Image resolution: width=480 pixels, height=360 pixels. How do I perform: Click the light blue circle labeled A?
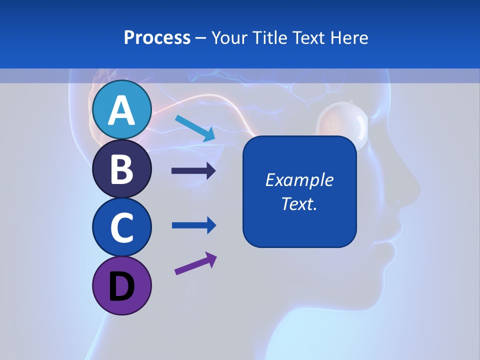pyautogui.click(x=121, y=109)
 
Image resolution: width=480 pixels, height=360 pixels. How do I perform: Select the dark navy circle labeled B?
pyautogui.click(x=121, y=168)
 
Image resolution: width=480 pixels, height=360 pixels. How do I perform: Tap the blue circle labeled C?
pyautogui.click(x=121, y=227)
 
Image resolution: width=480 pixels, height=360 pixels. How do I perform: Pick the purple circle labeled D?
pyautogui.click(x=121, y=285)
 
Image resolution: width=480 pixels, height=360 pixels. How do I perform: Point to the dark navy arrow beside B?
pyautogui.click(x=193, y=171)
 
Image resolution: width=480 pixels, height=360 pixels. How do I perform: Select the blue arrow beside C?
pyautogui.click(x=193, y=225)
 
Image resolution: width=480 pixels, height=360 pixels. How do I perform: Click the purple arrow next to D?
pyautogui.click(x=195, y=263)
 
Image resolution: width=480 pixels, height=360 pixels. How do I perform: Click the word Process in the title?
pyautogui.click(x=157, y=38)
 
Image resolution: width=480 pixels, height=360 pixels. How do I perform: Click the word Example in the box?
pyautogui.click(x=299, y=180)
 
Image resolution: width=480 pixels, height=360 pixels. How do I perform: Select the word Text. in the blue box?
pyautogui.click(x=299, y=203)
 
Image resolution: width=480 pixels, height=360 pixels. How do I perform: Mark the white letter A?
pyautogui.click(x=121, y=110)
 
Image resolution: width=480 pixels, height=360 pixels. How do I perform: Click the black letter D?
pyautogui.click(x=121, y=286)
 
